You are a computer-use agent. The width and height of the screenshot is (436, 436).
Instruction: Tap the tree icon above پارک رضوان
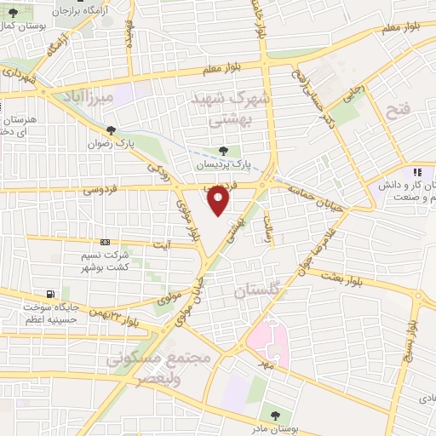click(x=111, y=129)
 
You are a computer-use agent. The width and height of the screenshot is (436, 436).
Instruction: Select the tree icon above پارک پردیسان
click(x=223, y=151)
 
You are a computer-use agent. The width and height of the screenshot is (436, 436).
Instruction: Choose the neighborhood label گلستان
click(x=256, y=291)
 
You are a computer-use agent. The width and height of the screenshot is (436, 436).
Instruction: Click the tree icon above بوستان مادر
click(x=274, y=416)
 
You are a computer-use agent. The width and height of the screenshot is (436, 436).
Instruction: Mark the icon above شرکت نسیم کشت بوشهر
click(x=105, y=242)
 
